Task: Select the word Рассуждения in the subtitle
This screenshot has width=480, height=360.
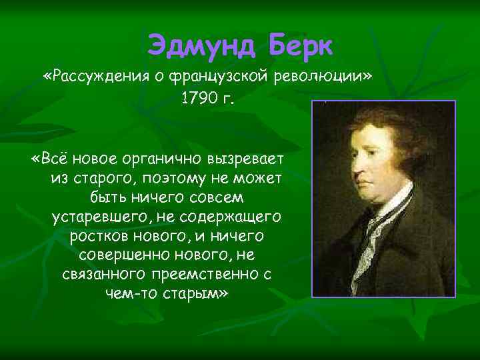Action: (103, 76)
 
